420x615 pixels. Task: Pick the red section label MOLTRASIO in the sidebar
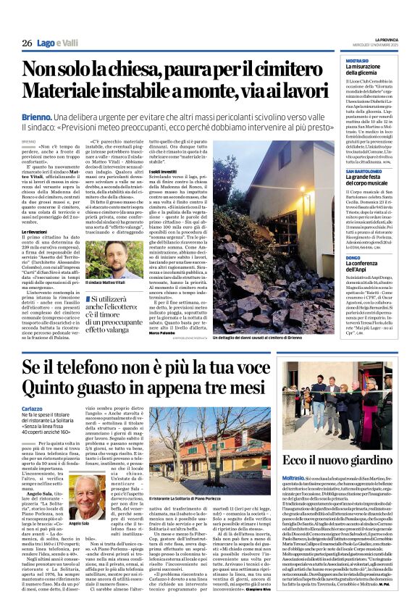point(357,61)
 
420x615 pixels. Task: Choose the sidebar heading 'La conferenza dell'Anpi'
point(371,269)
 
